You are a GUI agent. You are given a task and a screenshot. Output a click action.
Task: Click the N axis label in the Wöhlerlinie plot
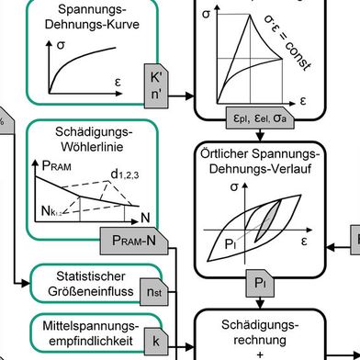coord(146,217)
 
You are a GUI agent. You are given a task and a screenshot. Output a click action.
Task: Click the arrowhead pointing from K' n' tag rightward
coord(187,95)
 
